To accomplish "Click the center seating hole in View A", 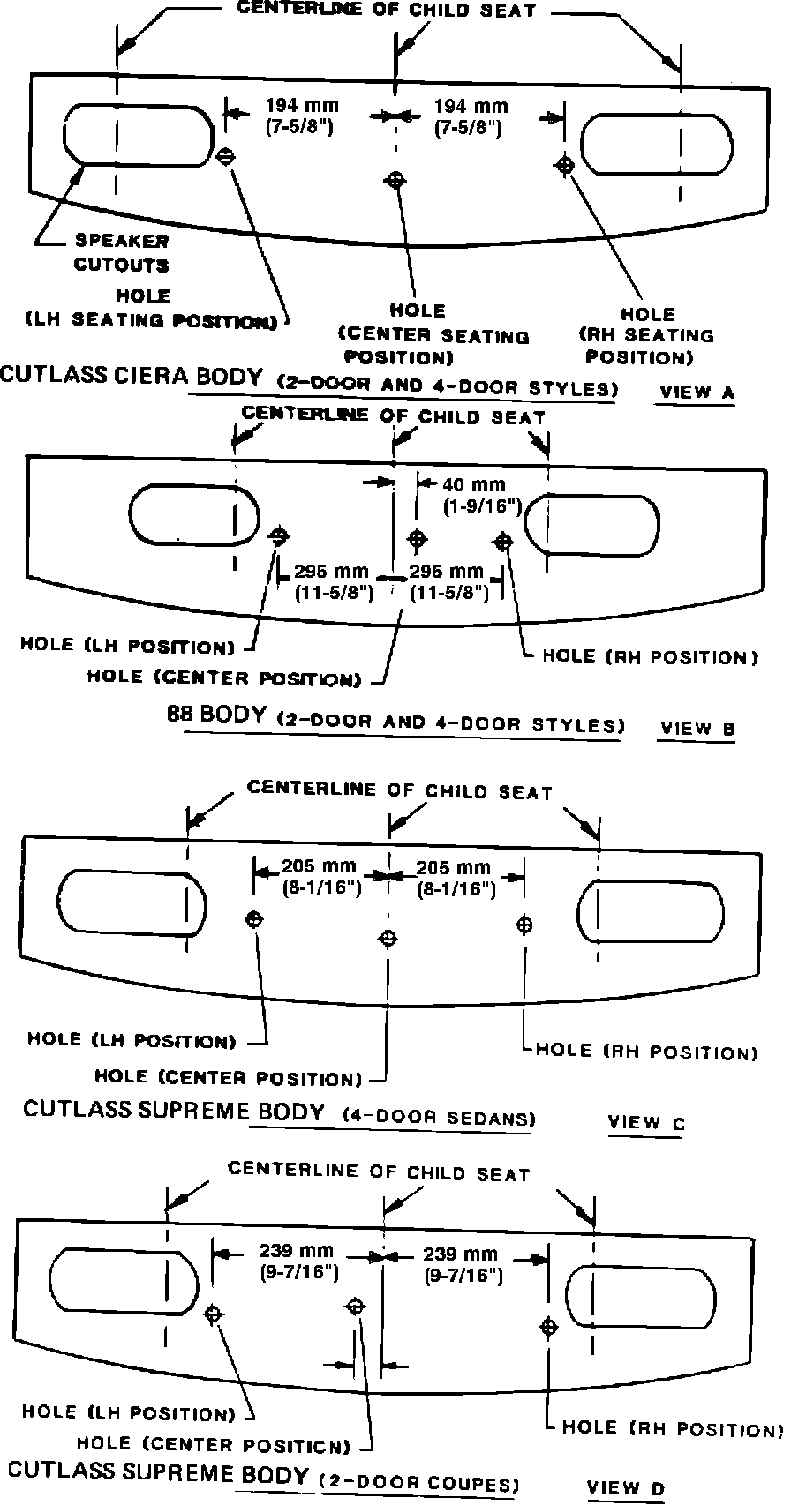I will pyautogui.click(x=396, y=180).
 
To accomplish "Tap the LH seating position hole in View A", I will pyautogui.click(x=226, y=157).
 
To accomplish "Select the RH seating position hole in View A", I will pyautogui.click(x=566, y=164).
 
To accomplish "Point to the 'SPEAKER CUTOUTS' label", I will pyautogui.click(x=122, y=252).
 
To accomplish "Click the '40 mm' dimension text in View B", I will pyautogui.click(x=474, y=484).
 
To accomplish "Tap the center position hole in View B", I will pyautogui.click(x=417, y=538).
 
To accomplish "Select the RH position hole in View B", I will pyautogui.click(x=504, y=541).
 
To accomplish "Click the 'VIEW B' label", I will pyautogui.click(x=697, y=729).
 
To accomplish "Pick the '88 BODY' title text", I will pyautogui.click(x=216, y=715).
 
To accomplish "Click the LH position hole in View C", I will pyautogui.click(x=254, y=919).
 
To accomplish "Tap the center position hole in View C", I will pyautogui.click(x=387, y=937).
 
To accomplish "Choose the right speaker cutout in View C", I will pyautogui.click(x=650, y=911).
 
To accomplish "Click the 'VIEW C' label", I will pyautogui.click(x=646, y=1123).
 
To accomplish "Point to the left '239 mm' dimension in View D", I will pyautogui.click(x=297, y=1251).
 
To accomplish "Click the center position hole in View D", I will pyautogui.click(x=357, y=1306).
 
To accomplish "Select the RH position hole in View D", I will pyautogui.click(x=549, y=1327).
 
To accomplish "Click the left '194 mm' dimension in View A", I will pyautogui.click(x=301, y=106).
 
